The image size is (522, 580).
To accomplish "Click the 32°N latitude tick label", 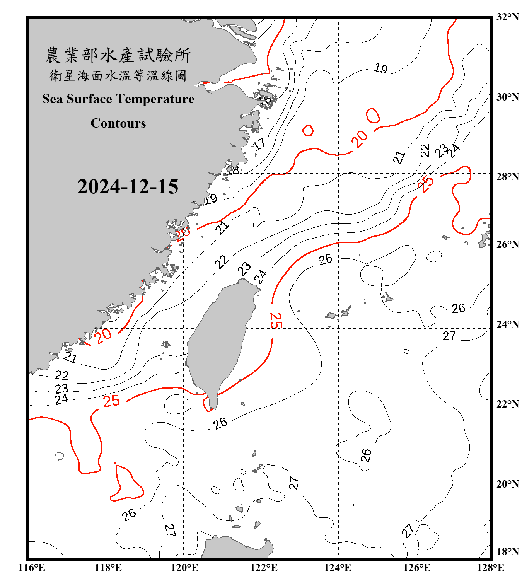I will coord(508,17).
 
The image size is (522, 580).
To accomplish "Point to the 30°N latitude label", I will coord(508,97).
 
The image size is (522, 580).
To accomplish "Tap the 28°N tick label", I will coord(508,176).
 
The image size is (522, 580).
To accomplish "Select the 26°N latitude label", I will coord(508,244).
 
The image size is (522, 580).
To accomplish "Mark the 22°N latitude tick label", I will coord(508,404).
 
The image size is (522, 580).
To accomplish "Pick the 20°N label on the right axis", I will coord(508,484).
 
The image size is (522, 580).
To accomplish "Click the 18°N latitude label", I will coord(508,551).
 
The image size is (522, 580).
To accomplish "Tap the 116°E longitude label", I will coord(32,568).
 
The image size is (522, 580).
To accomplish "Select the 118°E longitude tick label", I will coord(108,568).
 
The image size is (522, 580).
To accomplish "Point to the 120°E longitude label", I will coord(184,568).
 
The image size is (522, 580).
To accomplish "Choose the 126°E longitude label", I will coord(417,568).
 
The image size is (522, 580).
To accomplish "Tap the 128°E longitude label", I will coord(490,568).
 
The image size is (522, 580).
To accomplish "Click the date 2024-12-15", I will coord(128,187).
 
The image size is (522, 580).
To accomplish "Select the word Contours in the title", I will coord(118,123).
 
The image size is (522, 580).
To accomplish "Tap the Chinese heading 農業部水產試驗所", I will coord(118,55).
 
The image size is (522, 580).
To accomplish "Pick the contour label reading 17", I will coord(259,144).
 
